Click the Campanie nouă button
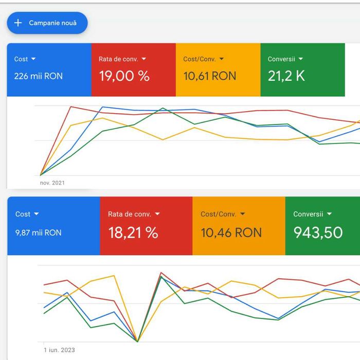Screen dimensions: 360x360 47,23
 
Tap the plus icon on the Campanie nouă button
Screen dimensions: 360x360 18,23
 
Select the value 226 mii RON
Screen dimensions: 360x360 39,76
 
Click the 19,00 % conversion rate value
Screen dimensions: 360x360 124,76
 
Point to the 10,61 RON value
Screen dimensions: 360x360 210,76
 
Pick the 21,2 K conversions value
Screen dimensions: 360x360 286,76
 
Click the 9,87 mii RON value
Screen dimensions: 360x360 39,232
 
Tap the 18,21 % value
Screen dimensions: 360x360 133,232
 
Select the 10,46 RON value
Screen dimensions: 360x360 231,232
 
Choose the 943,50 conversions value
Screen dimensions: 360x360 318,232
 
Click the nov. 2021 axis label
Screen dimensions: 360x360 52,183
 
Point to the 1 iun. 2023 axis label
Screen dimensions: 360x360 59,350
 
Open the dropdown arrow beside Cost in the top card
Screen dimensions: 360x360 33,59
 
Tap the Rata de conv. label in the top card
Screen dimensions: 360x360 118,59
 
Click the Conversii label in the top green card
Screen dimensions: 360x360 281,59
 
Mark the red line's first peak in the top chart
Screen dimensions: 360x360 70,107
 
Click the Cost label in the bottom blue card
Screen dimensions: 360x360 23,214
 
